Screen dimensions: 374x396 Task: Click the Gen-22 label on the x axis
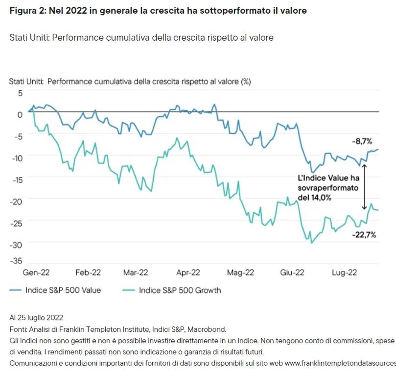[x=37, y=273]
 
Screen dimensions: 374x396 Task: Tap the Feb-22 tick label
[x=89, y=273]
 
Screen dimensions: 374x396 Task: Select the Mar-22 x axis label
[x=136, y=273]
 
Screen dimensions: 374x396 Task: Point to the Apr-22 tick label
[x=188, y=273]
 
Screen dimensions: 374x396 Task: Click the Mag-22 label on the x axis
[x=240, y=273]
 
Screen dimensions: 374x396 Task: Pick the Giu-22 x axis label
[x=292, y=273]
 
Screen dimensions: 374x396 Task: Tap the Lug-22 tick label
[x=345, y=273]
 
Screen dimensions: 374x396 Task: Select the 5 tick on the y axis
[x=20, y=93]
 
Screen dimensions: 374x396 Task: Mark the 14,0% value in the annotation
[x=321, y=198]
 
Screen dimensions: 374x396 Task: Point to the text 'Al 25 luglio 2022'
[x=36, y=318]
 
